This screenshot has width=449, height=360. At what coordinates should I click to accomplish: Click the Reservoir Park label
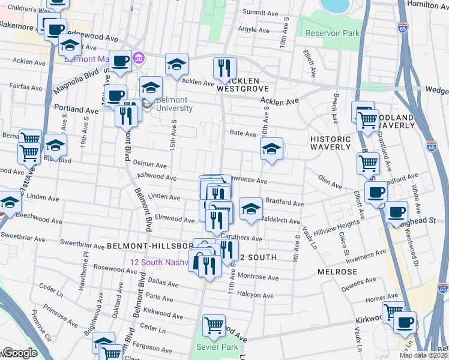[332, 33]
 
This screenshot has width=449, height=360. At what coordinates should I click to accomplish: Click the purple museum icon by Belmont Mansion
[139, 59]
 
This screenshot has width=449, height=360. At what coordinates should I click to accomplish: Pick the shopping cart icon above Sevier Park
[214, 326]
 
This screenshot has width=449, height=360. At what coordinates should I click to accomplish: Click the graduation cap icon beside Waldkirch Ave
[251, 208]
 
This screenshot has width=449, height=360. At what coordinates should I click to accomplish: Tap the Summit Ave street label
[262, 12]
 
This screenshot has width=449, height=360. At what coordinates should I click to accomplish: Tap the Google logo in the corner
[19, 353]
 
